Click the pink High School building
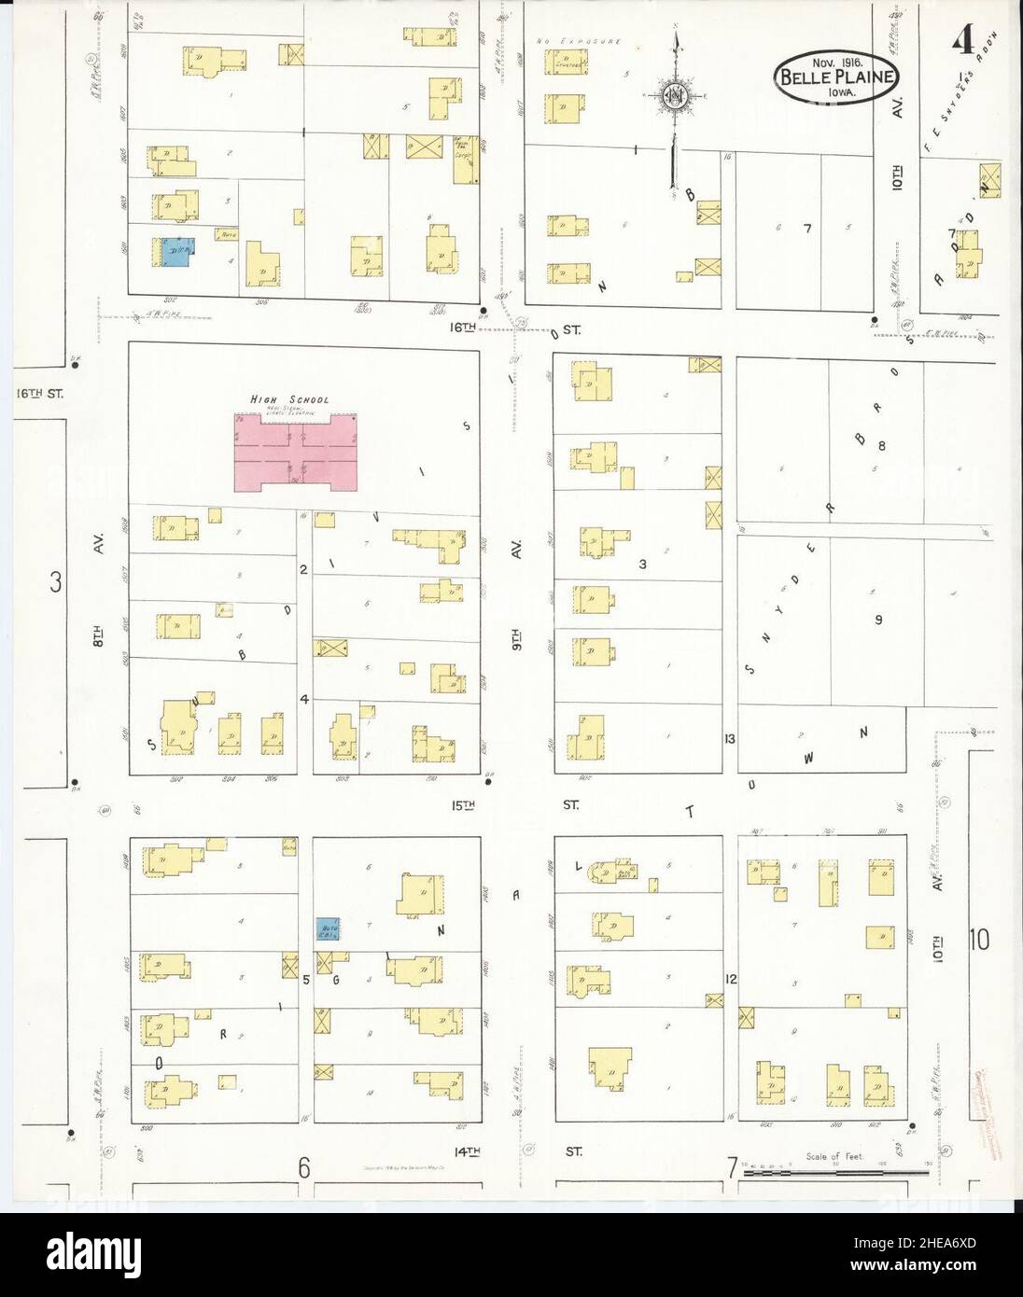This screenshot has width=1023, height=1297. coord(296,453)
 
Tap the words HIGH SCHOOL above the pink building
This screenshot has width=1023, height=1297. coord(289,399)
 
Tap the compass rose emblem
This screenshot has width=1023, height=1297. coord(675,96)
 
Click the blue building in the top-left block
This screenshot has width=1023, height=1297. coord(175,252)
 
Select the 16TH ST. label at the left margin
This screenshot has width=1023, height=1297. coord(39,395)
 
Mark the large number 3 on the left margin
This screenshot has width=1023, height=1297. coord(56,582)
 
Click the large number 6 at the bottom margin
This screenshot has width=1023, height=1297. coord(304,1166)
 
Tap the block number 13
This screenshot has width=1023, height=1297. coord(729,739)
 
